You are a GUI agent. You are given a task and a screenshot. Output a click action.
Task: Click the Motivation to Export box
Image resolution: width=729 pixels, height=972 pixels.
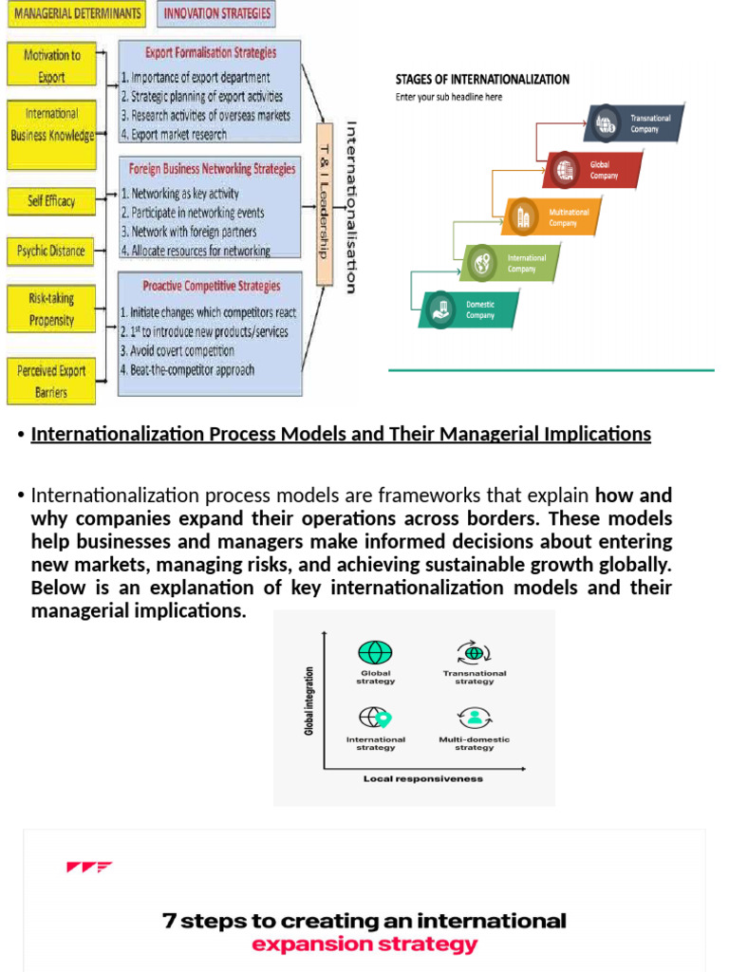[x=53, y=65]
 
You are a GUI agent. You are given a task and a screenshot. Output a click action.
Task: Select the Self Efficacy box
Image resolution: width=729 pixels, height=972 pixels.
[x=51, y=201]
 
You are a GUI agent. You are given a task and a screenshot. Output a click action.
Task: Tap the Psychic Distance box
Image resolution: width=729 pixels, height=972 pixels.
[x=51, y=252]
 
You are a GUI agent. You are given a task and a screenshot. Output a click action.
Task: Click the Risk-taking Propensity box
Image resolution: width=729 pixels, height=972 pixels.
[x=53, y=308]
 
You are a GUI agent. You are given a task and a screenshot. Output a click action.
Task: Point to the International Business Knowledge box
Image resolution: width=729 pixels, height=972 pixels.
[x=53, y=124]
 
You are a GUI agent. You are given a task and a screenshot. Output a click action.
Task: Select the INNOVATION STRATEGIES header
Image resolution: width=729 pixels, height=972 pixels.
[x=217, y=13]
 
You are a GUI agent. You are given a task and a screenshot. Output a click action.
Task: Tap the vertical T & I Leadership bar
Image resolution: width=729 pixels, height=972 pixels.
[x=324, y=203]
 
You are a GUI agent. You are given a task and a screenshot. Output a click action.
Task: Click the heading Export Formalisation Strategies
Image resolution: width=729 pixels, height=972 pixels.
[x=211, y=53]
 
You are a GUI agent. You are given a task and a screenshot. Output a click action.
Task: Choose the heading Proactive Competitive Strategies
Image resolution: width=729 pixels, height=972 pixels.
[x=211, y=286]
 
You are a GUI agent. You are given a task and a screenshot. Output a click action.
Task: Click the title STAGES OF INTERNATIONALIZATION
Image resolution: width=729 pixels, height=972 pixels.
[x=482, y=80]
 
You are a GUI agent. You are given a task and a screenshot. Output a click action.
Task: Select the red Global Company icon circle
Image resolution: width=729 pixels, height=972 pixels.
[x=566, y=170]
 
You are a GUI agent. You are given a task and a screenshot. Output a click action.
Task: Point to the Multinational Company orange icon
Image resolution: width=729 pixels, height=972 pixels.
[x=523, y=216]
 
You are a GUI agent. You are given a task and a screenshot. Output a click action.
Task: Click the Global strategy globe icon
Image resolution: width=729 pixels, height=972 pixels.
[x=375, y=653]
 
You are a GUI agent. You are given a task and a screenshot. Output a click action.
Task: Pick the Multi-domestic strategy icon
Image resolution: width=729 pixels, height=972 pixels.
[x=474, y=718]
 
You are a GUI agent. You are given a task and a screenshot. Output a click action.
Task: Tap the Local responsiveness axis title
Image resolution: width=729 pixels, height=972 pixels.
[x=422, y=778]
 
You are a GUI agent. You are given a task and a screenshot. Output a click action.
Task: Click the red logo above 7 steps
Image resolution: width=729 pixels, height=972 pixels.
[x=89, y=867]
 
